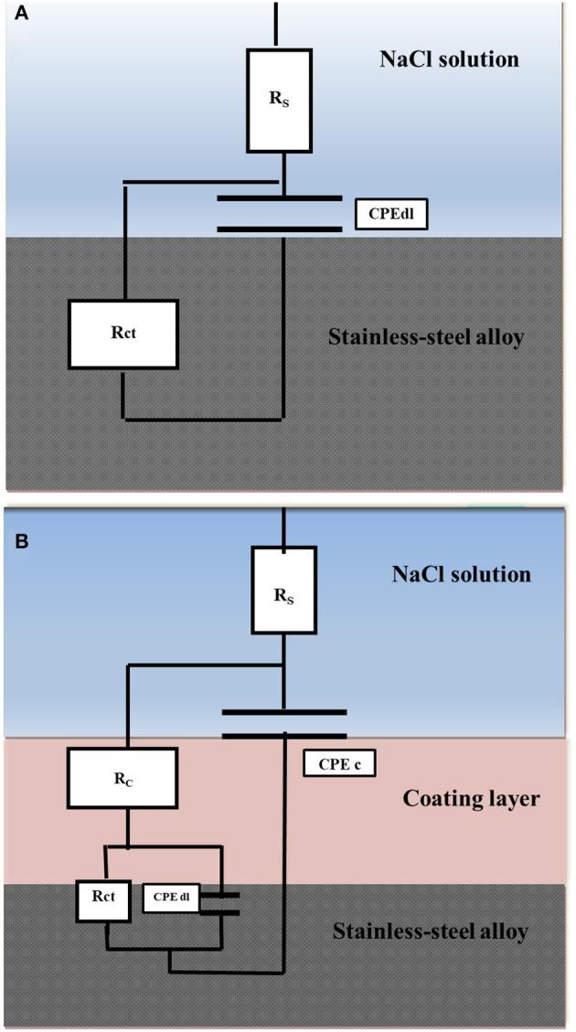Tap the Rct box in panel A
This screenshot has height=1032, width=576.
click(x=123, y=335)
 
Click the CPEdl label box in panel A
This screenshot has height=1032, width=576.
click(x=390, y=216)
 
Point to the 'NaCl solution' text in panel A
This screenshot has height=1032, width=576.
click(x=449, y=60)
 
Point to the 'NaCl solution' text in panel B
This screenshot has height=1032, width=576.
click(x=461, y=575)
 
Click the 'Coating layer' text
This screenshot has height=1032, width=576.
click(x=471, y=798)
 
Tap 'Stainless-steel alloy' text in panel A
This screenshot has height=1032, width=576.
click(x=425, y=337)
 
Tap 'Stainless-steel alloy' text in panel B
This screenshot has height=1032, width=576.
click(x=430, y=931)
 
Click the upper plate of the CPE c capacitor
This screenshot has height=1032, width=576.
click(x=284, y=710)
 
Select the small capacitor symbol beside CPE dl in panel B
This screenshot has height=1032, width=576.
click(x=222, y=901)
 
